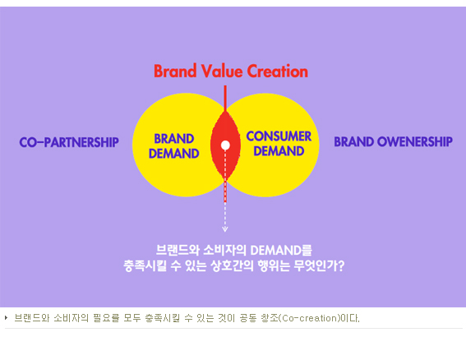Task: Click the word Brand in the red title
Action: point(175,71)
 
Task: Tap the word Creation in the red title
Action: point(278,71)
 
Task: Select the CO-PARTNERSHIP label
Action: point(69,142)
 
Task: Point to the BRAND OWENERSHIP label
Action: point(393,141)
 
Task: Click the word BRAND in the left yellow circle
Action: point(174,139)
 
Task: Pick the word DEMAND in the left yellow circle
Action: point(174,154)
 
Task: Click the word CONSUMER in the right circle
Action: point(279,136)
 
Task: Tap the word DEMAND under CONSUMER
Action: point(279,151)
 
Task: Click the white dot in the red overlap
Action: point(225,145)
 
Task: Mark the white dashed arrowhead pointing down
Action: point(225,228)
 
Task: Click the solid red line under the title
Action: point(225,99)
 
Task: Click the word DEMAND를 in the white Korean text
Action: point(281,251)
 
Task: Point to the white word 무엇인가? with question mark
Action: point(319,265)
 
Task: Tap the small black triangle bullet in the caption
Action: point(7,318)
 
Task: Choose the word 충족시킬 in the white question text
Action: point(145,265)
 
